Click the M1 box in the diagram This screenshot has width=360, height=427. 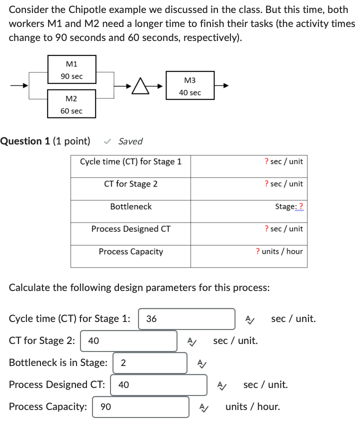tap(72, 70)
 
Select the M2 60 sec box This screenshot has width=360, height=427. tap(72, 104)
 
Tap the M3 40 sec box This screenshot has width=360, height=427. tap(189, 86)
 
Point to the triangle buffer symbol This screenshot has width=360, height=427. tap(141, 87)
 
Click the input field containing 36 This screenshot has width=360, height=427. tap(186, 319)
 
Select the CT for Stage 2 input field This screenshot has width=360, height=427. tap(128, 341)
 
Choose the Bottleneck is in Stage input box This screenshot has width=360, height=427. tap(150, 363)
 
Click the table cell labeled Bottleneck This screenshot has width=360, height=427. tap(130, 206)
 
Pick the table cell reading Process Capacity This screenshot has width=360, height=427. tap(130, 251)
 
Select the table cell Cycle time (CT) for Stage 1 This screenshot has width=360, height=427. tap(130, 161)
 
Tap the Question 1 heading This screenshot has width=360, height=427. tap(45, 141)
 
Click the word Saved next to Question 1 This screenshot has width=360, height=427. tap(130, 141)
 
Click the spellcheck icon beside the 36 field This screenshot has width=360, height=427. tap(250, 319)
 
